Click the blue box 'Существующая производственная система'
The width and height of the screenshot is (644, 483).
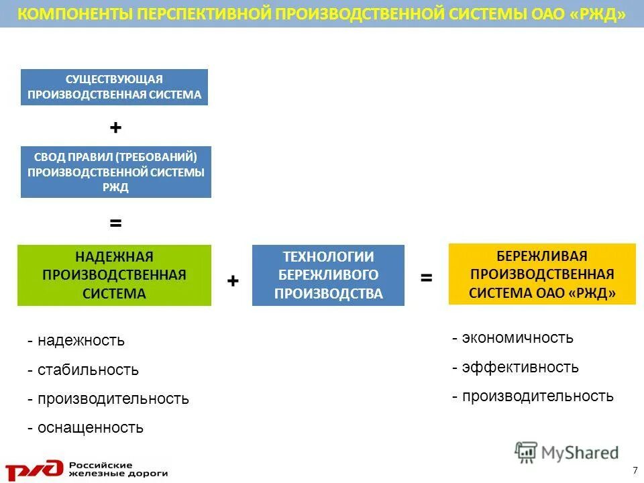point(115,87)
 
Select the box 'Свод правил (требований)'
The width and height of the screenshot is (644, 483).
point(115,172)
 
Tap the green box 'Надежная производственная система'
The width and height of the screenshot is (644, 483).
point(114,275)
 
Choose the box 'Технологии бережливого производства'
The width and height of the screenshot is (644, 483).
point(328,275)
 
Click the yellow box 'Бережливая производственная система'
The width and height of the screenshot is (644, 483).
point(542,274)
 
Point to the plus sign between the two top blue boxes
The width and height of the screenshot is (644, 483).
point(115,127)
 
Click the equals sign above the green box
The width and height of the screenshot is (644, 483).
point(115,223)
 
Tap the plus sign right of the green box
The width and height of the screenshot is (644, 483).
point(233,281)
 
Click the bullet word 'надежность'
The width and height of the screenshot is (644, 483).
point(80,340)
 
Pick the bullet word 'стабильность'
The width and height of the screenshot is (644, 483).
point(88,370)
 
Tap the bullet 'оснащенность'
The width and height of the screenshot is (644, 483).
point(90,427)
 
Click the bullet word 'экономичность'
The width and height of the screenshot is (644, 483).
point(517,337)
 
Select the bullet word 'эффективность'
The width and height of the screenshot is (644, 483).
point(520,367)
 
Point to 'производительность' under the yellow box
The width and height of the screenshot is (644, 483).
point(537,396)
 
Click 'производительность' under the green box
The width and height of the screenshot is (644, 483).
point(113,398)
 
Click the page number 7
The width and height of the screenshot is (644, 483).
point(635,468)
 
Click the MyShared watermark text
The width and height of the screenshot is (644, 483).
point(580,453)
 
